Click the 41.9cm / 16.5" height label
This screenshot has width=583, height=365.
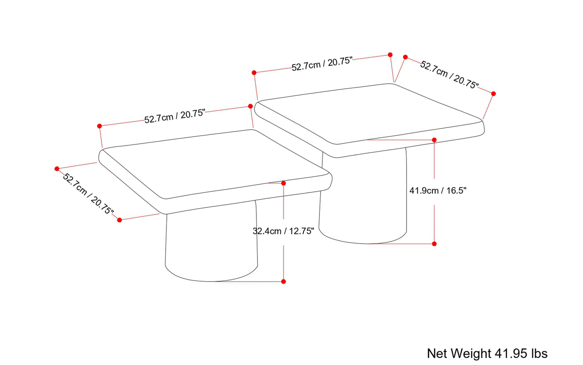[x=438, y=190]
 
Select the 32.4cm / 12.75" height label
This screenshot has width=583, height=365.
[x=283, y=231]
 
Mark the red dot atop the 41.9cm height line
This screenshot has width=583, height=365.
[x=434, y=140]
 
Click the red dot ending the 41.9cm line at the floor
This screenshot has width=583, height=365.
[x=434, y=244]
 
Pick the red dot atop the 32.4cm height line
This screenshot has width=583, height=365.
[x=284, y=183]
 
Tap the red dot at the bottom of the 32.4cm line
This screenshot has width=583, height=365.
[x=284, y=282]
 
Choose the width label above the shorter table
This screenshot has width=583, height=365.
[x=175, y=116]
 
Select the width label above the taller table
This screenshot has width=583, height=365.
[x=322, y=64]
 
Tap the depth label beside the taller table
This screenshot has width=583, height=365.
[x=449, y=75]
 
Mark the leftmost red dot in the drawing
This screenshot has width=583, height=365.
[x=57, y=169]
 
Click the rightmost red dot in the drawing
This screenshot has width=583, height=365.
[x=493, y=94]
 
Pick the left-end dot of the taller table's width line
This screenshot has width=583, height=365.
[x=254, y=73]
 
